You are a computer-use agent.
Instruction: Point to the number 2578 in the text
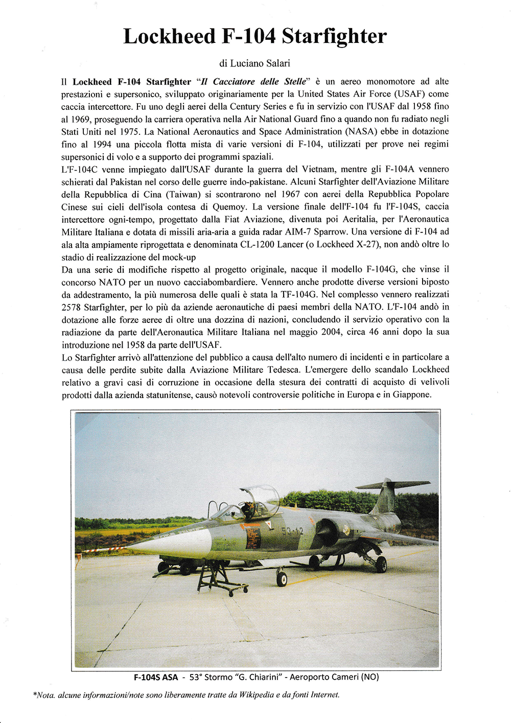(x=72, y=307)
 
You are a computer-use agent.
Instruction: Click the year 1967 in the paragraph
(x=290, y=194)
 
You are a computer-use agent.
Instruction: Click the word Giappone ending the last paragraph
(x=412, y=394)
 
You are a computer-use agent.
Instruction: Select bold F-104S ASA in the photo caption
(x=156, y=678)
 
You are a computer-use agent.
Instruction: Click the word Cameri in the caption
(x=342, y=678)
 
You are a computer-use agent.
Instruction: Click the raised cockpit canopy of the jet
(x=262, y=496)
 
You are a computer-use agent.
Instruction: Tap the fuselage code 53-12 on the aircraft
(x=292, y=531)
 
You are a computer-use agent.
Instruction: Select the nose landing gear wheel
(x=282, y=579)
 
